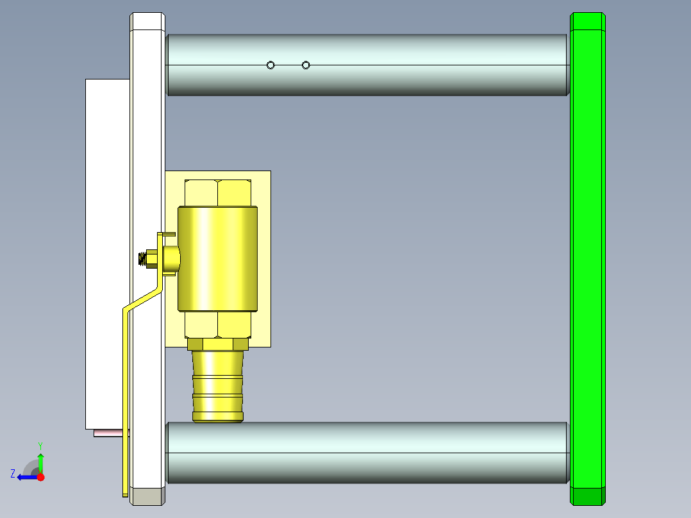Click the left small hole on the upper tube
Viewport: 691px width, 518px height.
[x=271, y=65]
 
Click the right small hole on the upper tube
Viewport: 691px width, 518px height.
[x=306, y=65]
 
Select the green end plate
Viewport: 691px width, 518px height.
[x=588, y=256]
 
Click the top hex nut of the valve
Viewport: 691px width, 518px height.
[x=217, y=193]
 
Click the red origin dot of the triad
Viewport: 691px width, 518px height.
[x=40, y=477]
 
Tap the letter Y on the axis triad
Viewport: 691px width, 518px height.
[x=40, y=445]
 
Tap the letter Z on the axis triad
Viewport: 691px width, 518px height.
[x=13, y=474]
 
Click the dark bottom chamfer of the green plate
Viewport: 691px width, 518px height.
[x=588, y=497]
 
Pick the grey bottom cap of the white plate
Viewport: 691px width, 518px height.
[x=147, y=497]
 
